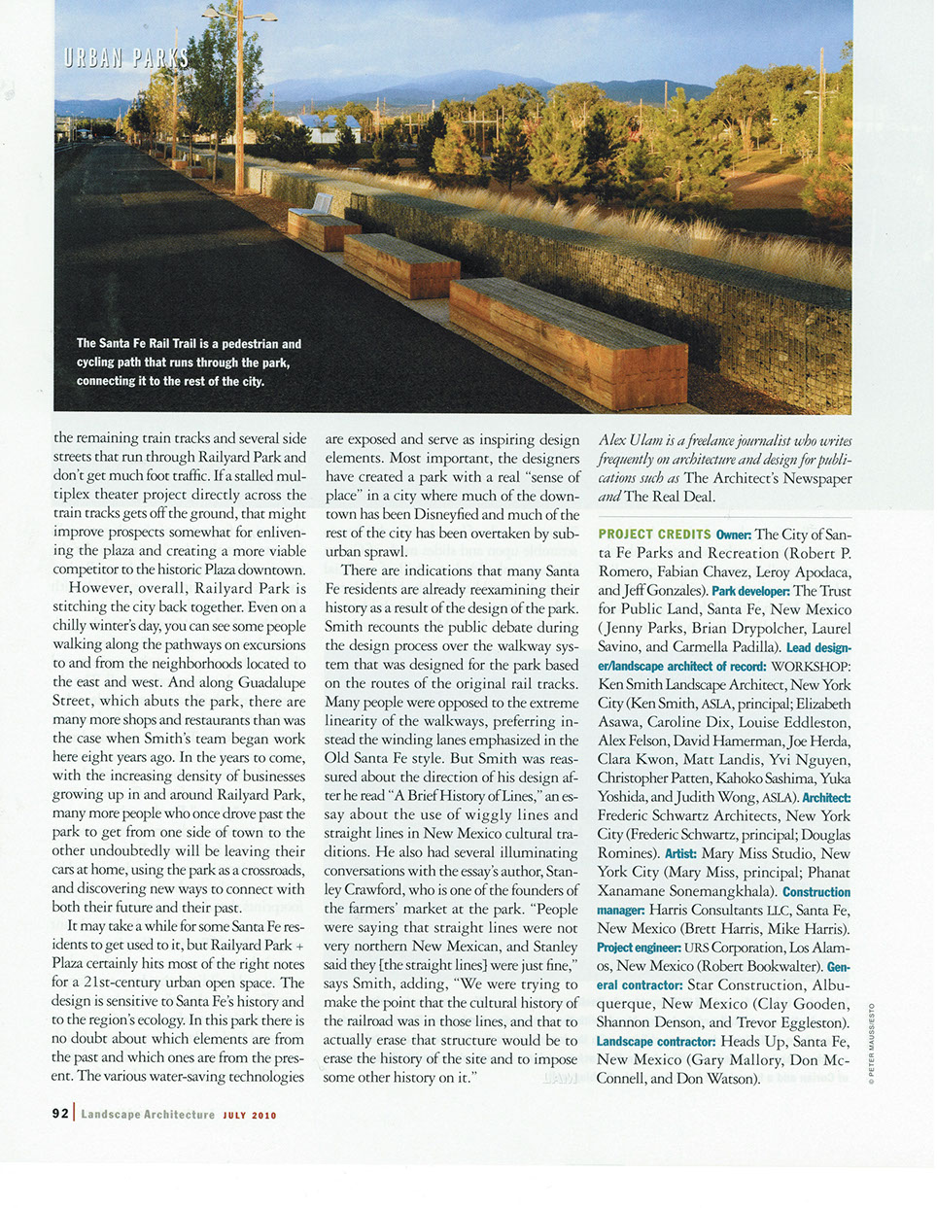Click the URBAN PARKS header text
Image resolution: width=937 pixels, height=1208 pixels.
click(126, 57)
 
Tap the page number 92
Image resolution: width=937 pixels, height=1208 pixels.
click(60, 1114)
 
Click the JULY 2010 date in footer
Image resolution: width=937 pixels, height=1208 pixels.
click(250, 1115)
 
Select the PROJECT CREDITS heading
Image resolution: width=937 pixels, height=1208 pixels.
click(654, 535)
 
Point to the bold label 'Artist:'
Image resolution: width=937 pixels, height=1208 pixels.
click(680, 853)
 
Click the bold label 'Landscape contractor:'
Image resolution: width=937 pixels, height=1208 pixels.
click(656, 1042)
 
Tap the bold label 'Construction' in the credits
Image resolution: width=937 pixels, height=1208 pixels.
click(816, 891)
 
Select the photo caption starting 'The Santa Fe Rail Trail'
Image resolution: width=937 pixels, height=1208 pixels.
click(189, 362)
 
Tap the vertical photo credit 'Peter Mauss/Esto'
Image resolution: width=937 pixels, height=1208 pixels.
click(871, 1044)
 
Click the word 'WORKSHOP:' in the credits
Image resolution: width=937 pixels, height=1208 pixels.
click(812, 667)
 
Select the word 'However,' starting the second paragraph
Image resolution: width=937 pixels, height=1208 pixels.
click(100, 588)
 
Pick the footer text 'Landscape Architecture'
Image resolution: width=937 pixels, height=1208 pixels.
click(148, 1115)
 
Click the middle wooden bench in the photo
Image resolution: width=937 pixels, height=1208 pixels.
click(400, 264)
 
